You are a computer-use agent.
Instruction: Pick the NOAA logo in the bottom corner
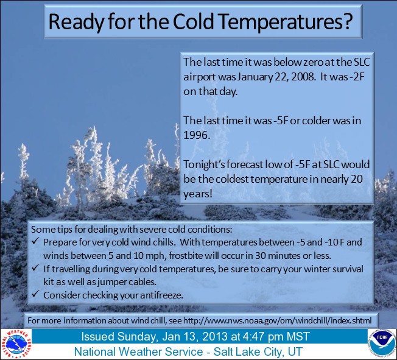coord(381,342)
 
